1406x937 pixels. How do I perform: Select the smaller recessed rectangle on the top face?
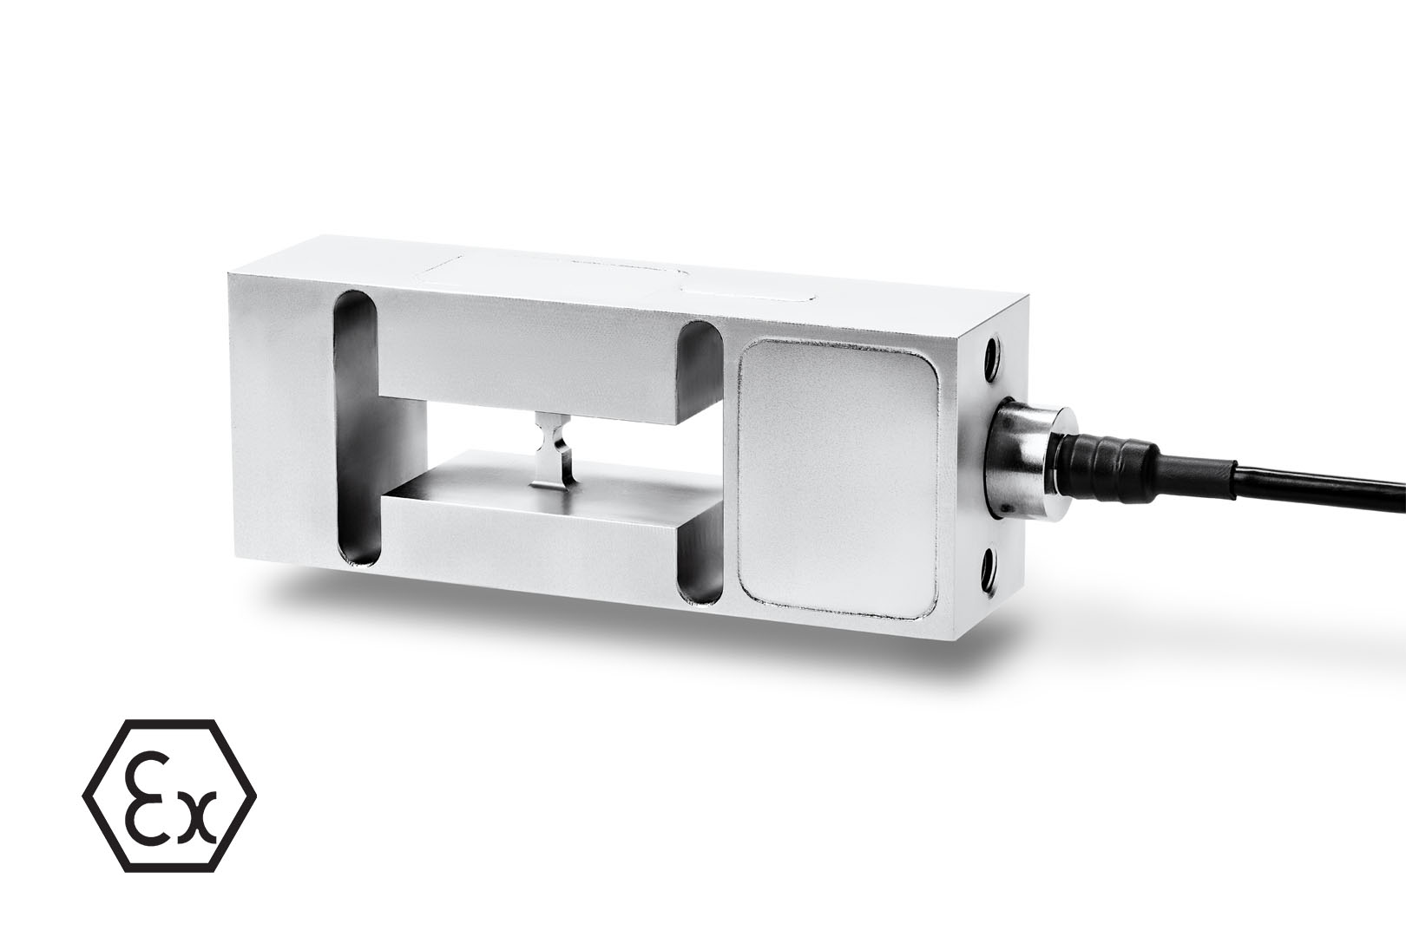click(746, 287)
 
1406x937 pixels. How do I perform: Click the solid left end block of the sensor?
click(278, 434)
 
